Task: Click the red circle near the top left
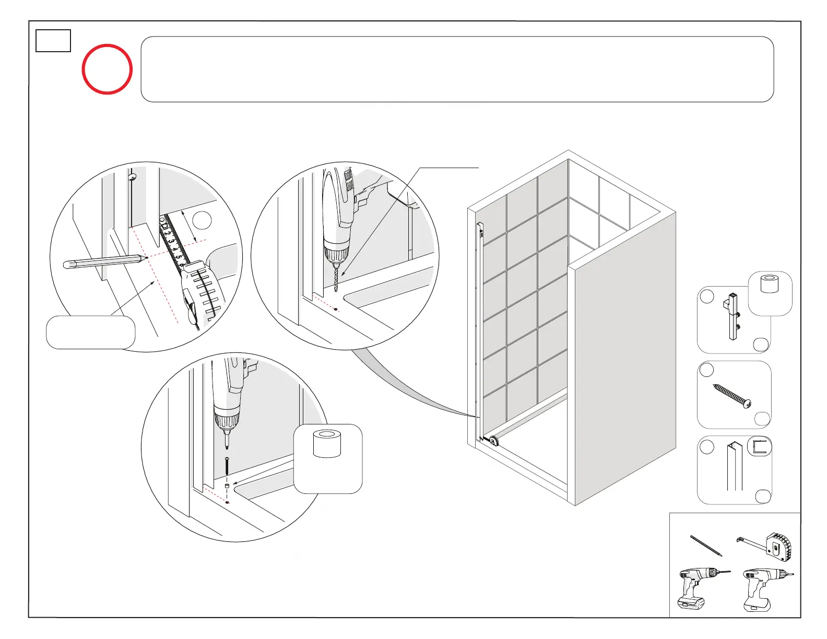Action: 107,69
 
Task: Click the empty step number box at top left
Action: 53,41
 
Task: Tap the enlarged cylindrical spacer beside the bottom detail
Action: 327,444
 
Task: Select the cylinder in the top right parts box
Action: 770,283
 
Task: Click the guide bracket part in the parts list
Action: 733,316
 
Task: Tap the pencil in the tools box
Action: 706,545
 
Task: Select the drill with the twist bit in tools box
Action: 699,587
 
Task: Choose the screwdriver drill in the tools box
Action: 763,588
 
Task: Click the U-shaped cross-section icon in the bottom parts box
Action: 760,446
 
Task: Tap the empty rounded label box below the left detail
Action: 90,332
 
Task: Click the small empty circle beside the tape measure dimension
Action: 202,220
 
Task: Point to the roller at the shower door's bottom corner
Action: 493,441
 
